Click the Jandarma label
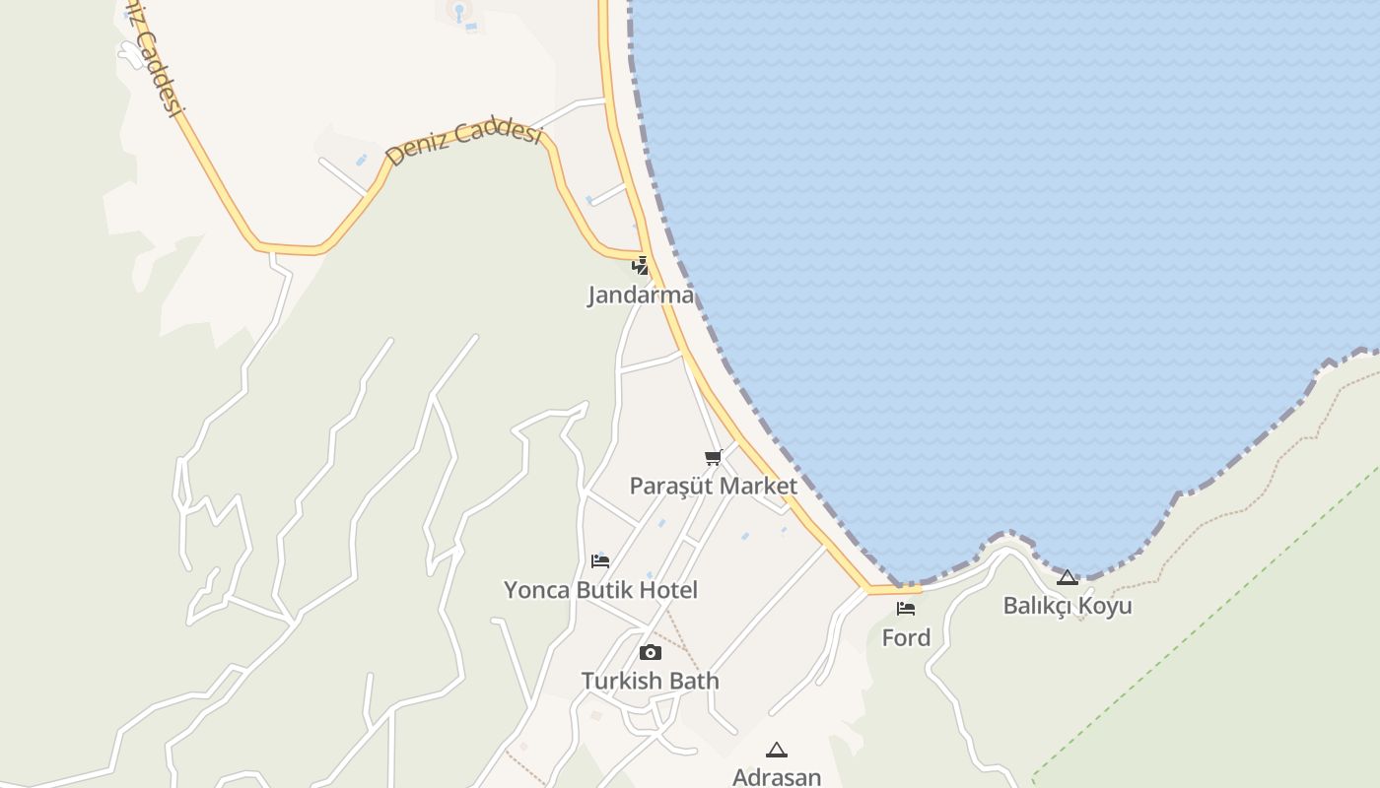coord(641,295)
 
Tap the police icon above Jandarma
coord(641,265)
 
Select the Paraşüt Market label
coord(713,486)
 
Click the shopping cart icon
coord(714,457)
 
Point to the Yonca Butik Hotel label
coord(600,590)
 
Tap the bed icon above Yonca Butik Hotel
coord(600,561)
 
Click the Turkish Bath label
coord(650,681)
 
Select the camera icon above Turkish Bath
coord(650,652)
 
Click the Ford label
coord(906,637)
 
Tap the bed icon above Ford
coord(906,609)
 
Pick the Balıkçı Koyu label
coord(1068,605)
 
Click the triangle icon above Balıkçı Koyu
coord(1068,577)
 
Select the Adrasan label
coord(777,777)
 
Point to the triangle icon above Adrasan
coord(777,751)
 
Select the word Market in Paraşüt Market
coord(758,486)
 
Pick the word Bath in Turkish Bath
coord(695,681)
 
